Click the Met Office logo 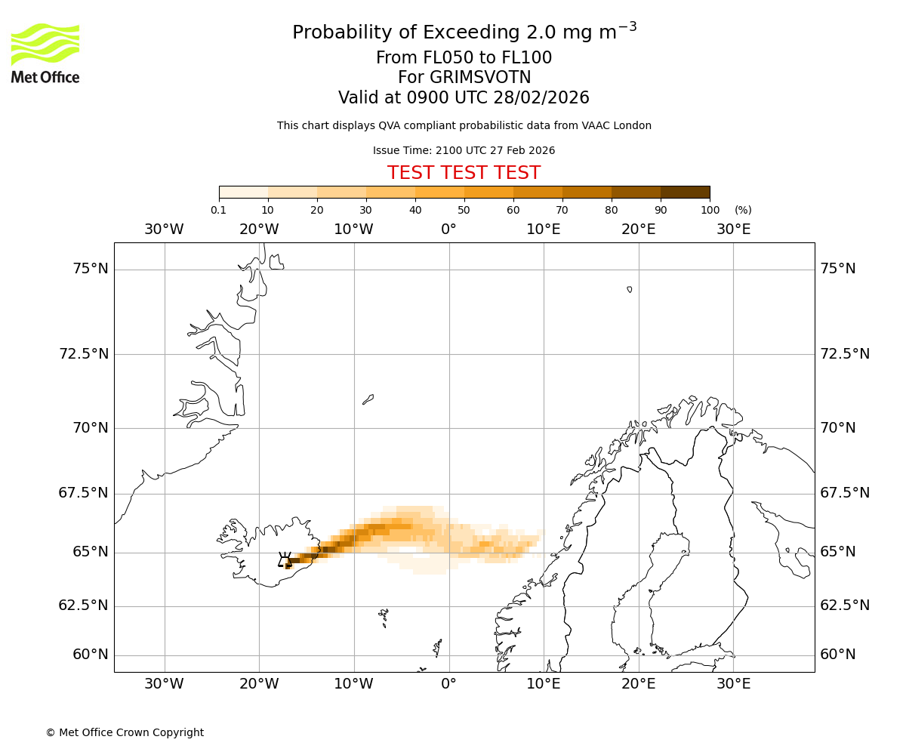pos(45,53)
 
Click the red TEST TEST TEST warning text pos(464,173)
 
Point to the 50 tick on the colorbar pos(464,210)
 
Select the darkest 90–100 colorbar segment pos(685,192)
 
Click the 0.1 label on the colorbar pos(218,210)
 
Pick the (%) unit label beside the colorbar pos(743,210)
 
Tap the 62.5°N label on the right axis pos(845,606)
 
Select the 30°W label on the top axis pos(164,229)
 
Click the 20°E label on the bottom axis pos(638,684)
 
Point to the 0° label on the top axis pos(448,229)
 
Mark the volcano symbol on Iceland pos(285,559)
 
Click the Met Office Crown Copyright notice pos(125,732)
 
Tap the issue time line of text pos(464,150)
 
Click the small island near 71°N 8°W pos(368,399)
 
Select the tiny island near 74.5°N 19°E pos(629,289)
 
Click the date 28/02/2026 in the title pos(541,98)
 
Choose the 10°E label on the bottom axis pos(543,684)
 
